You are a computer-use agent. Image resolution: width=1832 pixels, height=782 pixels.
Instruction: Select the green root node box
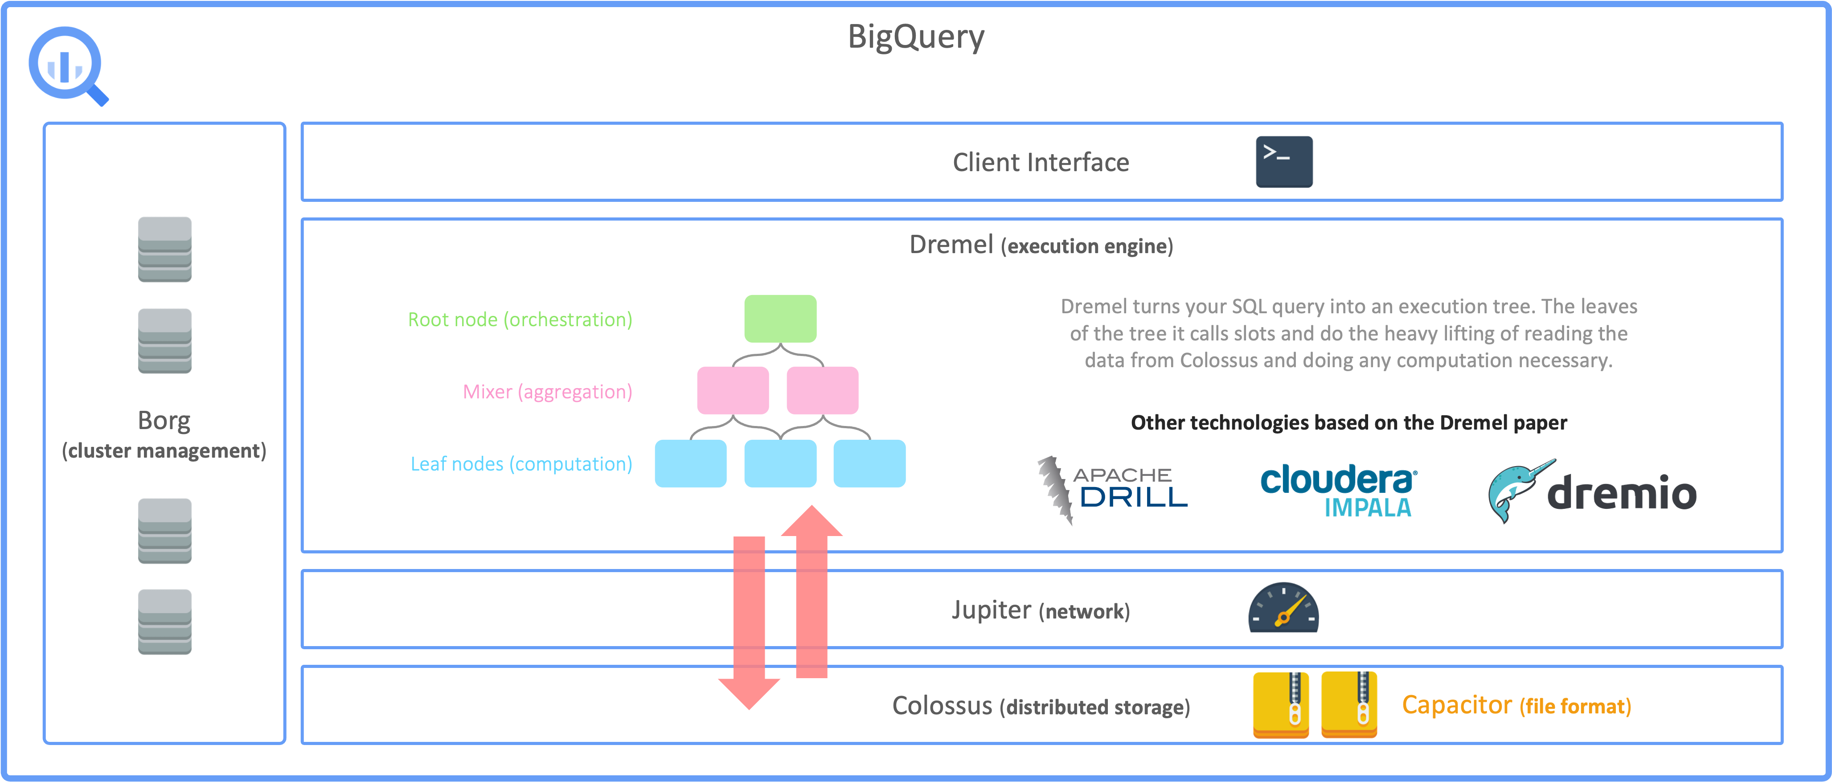(x=780, y=319)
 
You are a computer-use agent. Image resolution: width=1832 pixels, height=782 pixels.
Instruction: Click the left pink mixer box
(x=733, y=390)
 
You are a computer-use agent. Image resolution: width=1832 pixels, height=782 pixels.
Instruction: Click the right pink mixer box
(x=822, y=390)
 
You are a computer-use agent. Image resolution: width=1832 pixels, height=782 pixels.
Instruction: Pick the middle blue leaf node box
(x=780, y=463)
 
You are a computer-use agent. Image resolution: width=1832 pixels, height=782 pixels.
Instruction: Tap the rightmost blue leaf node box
(x=869, y=463)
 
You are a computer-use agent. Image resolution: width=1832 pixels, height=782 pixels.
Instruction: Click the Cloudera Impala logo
(x=1338, y=491)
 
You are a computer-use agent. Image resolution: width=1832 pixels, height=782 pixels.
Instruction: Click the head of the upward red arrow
(x=811, y=523)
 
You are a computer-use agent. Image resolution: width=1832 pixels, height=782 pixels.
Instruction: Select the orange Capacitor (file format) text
(x=1516, y=705)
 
